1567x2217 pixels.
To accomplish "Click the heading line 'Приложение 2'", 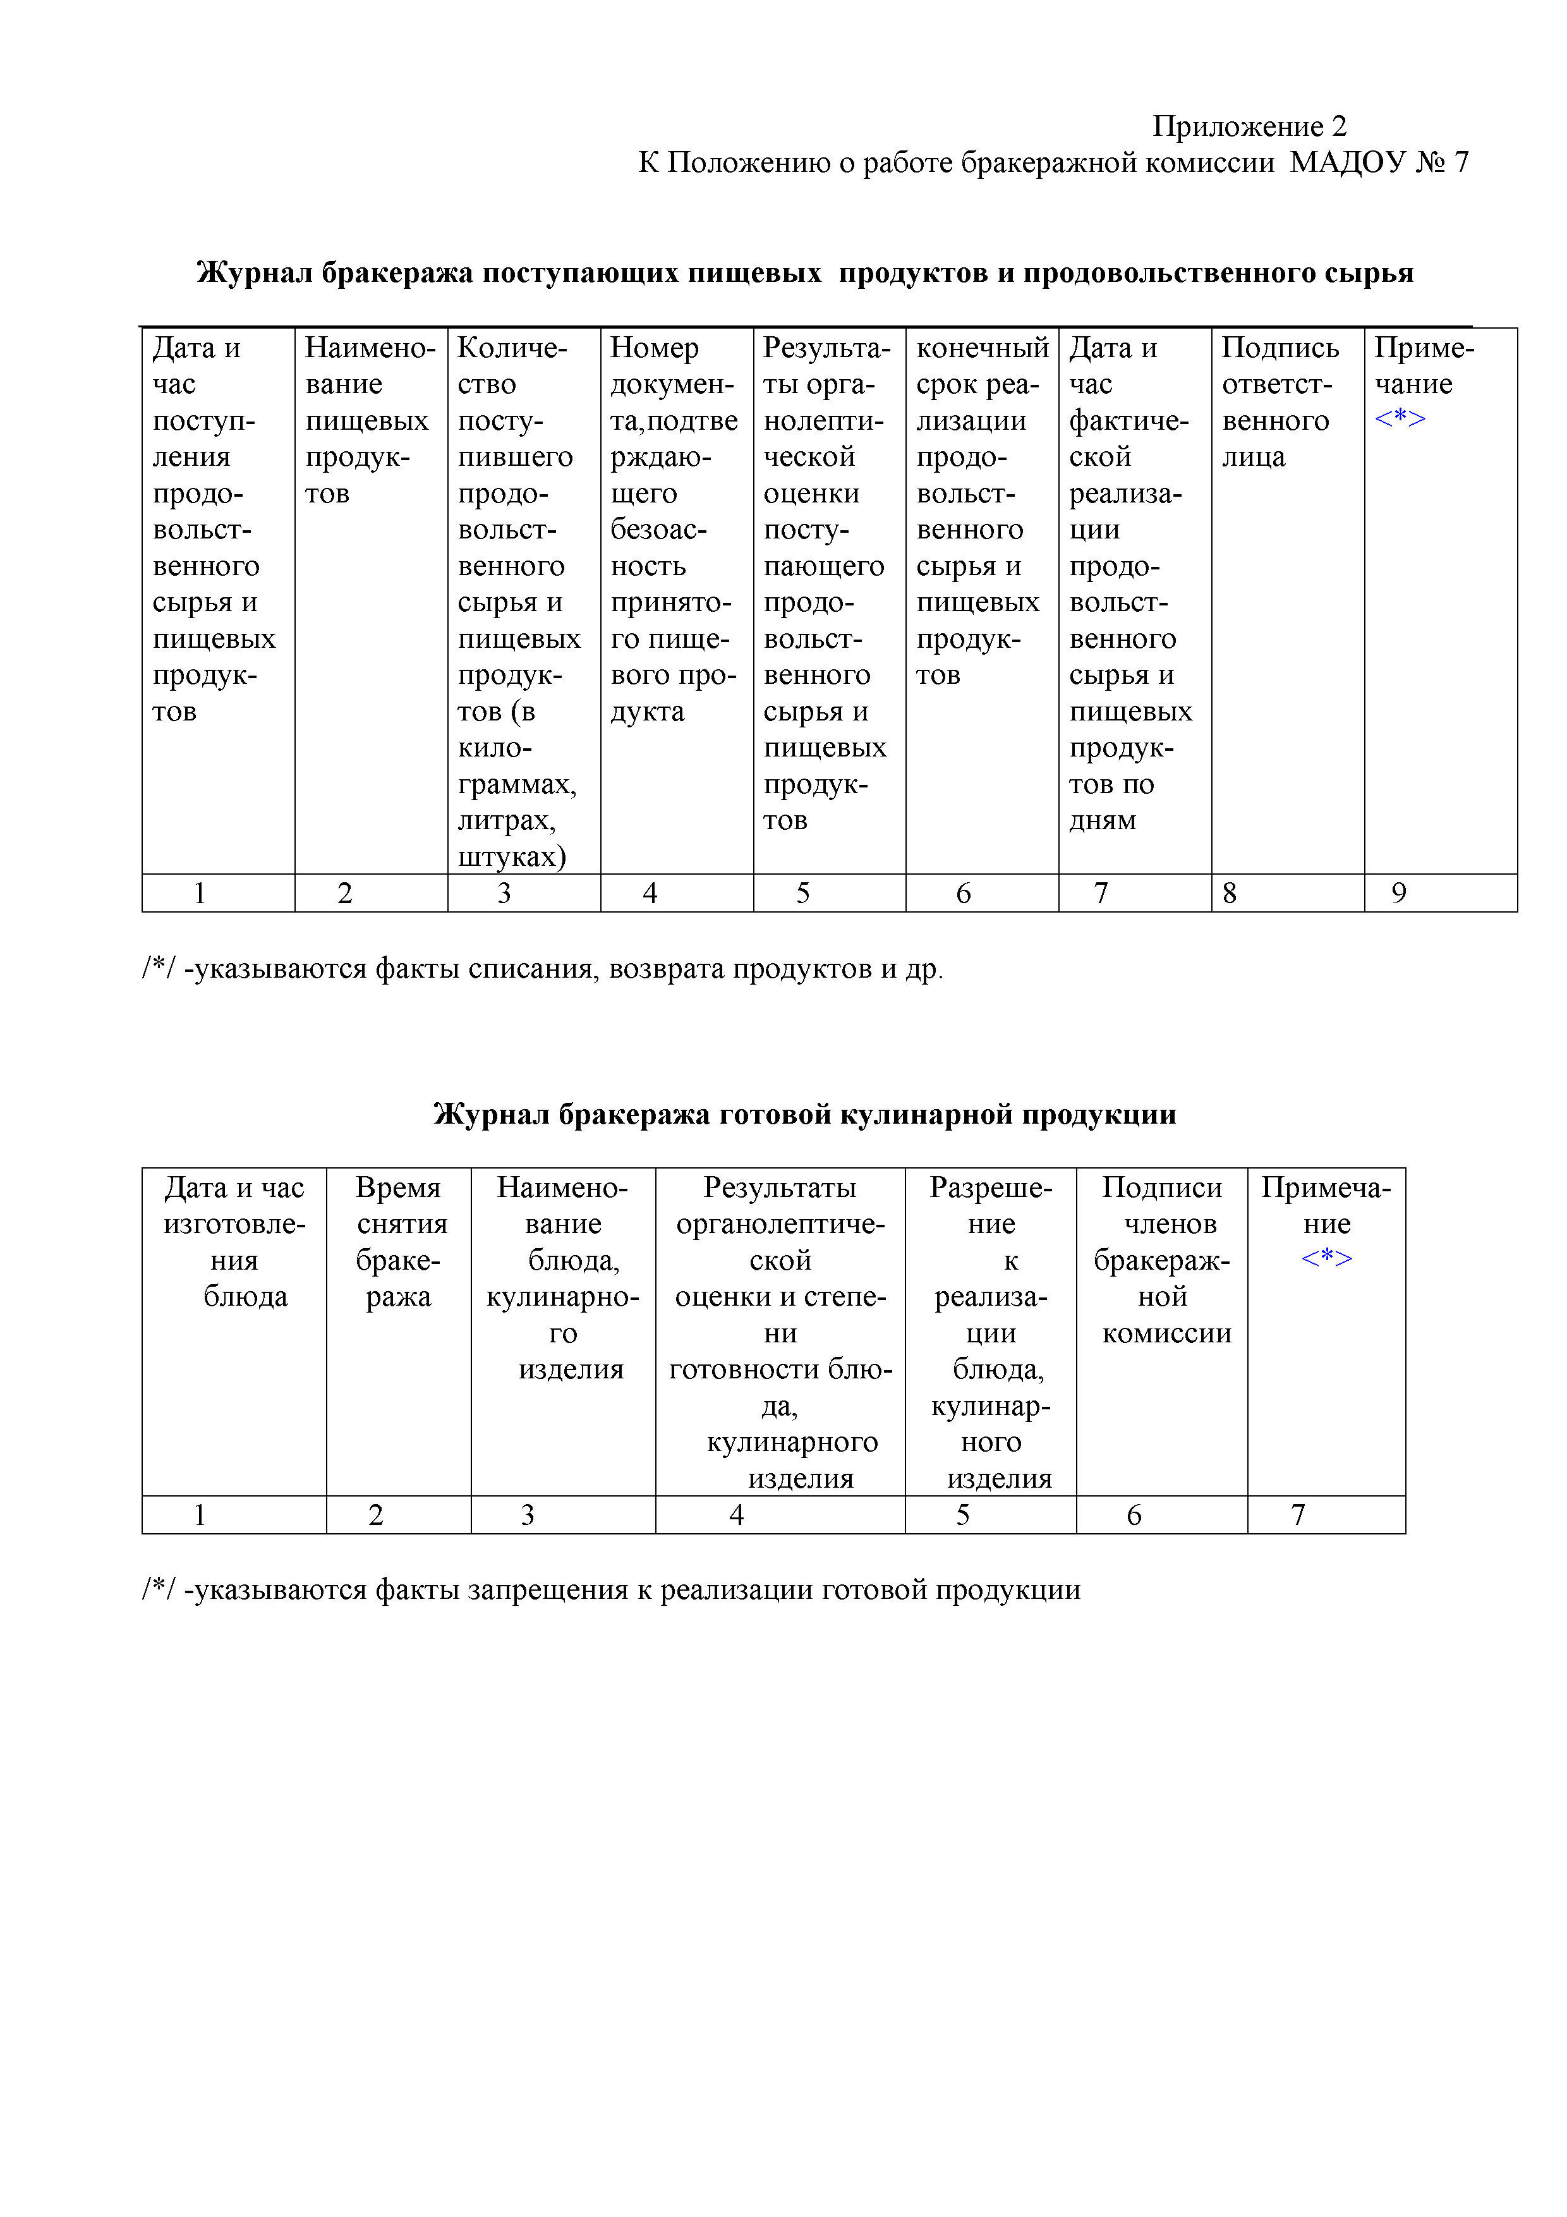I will [1249, 126].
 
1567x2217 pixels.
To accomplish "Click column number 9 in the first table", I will [1398, 893].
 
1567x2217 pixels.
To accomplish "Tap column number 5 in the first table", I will [802, 893].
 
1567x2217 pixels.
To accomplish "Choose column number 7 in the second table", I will [1298, 1515].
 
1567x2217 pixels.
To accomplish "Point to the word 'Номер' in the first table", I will [653, 348].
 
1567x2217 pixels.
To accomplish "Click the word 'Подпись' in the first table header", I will [1280, 348].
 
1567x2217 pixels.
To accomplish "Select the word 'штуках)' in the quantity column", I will [512, 856].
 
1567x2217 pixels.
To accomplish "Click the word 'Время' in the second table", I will [398, 1187].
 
